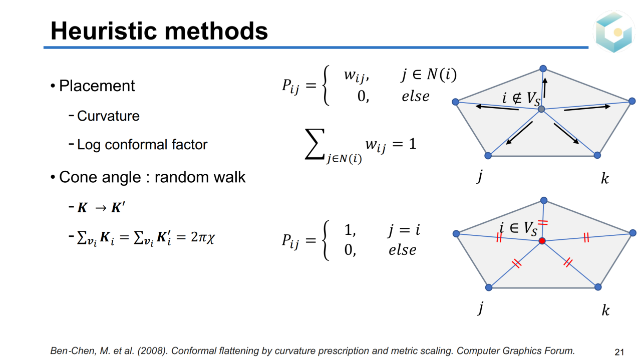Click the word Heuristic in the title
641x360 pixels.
tap(104, 31)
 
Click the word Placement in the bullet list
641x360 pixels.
tap(97, 86)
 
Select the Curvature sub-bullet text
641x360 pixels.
tap(108, 116)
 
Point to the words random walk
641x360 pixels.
tap(200, 177)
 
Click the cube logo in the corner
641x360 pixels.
tap(614, 32)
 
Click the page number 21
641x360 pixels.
tap(619, 351)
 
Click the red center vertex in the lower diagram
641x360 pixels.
tap(542, 241)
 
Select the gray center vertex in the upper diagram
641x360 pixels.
tap(541, 109)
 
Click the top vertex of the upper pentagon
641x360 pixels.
tap(543, 69)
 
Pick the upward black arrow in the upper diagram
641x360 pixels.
tap(545, 88)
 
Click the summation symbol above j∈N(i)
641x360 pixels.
tap(315, 144)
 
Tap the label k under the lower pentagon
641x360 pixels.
tap(605, 310)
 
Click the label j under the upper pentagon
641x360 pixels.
tap(480, 176)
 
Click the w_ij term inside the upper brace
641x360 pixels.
tap(356, 76)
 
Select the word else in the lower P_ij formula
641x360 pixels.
tap(402, 250)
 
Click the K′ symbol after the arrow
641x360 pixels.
tap(118, 207)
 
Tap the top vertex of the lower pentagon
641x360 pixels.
tap(544, 200)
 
